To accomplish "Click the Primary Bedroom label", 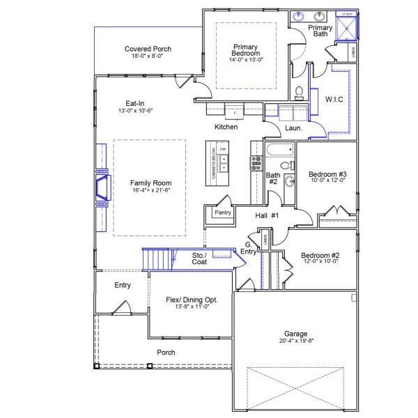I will click(245, 50).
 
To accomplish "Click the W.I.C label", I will click(334, 100).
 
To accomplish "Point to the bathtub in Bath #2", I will click(279, 150).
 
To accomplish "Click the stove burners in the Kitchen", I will click(255, 163).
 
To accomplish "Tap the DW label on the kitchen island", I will click(223, 150).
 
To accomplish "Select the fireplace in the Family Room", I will click(101, 188).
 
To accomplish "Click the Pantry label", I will click(223, 212).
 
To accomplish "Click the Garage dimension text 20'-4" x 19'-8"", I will click(295, 341).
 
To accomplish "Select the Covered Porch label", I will click(148, 49).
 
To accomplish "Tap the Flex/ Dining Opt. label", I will click(192, 299).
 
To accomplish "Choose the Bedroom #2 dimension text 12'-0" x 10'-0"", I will click(320, 262).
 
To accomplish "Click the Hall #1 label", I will click(266, 216).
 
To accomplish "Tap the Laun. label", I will click(293, 128).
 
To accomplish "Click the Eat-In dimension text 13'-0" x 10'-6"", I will click(135, 111).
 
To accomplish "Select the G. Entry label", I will click(249, 248).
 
